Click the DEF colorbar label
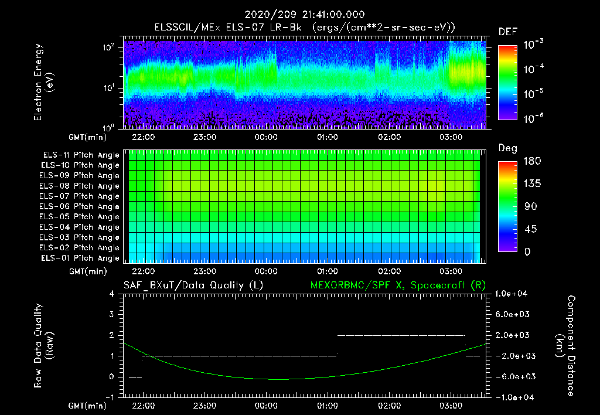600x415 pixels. [507, 32]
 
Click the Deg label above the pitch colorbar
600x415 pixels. [507, 148]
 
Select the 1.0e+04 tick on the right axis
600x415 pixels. [513, 294]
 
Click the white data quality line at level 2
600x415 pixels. [401, 335]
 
